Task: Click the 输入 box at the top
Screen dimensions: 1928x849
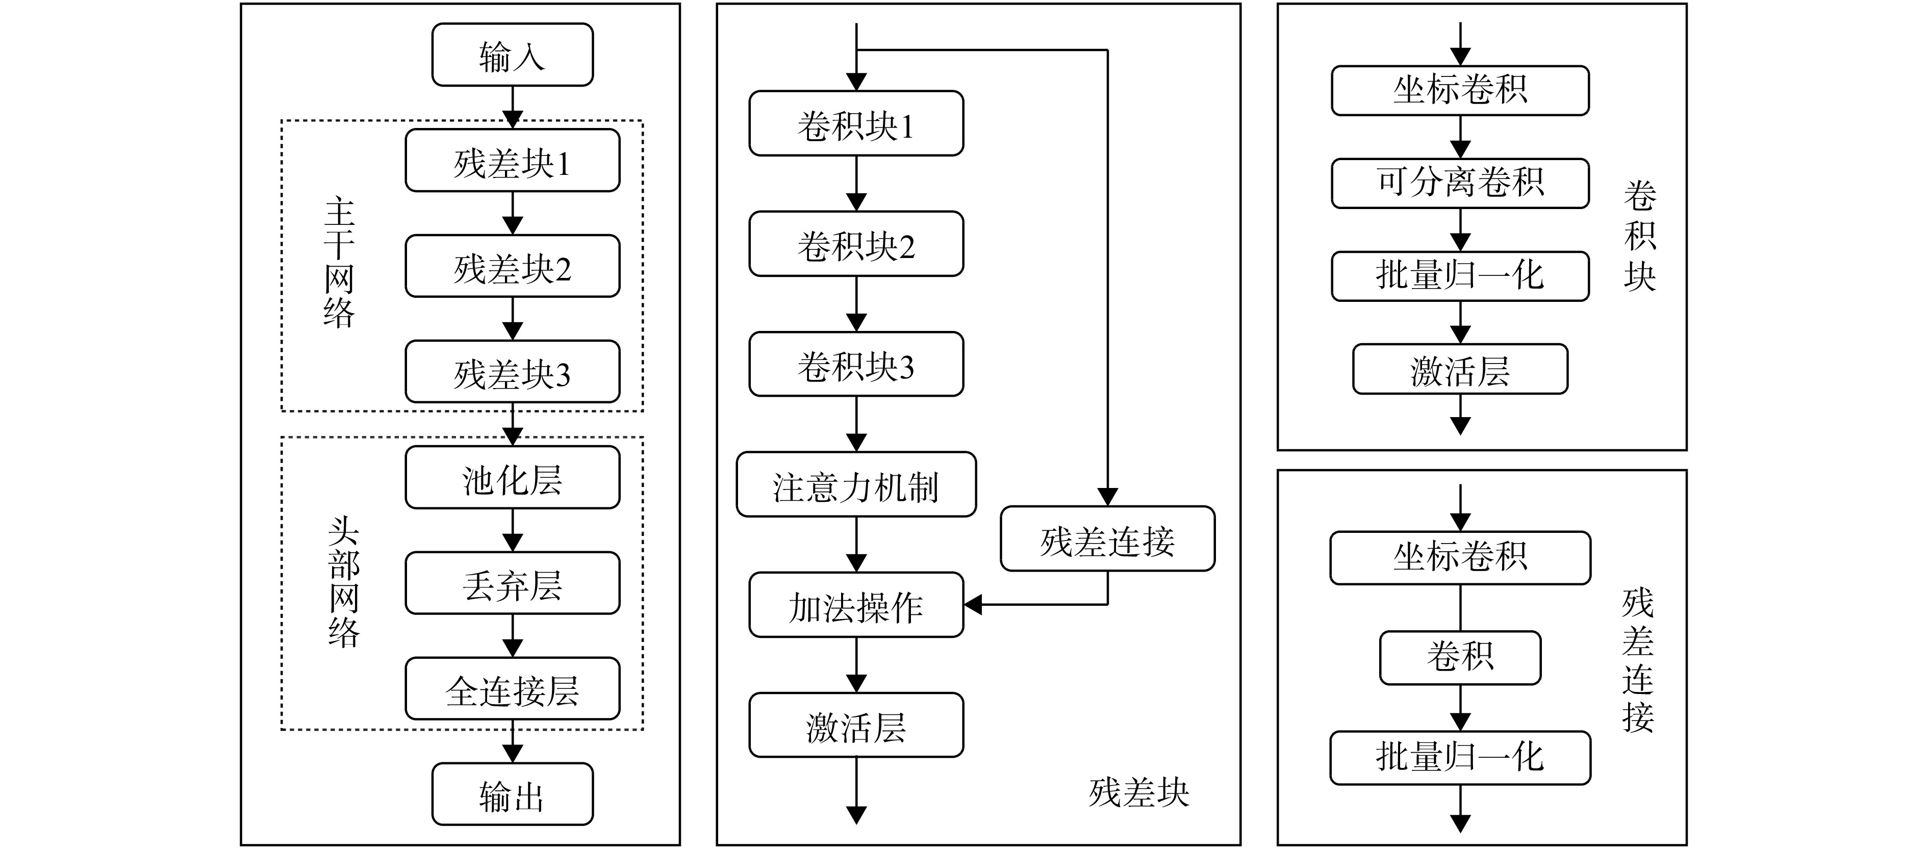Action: click(513, 55)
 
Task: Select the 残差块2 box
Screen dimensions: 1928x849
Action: click(513, 266)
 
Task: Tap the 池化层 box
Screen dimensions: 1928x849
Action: click(513, 477)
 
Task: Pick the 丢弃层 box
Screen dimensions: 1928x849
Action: click(513, 583)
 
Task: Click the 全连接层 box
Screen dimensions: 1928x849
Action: click(513, 689)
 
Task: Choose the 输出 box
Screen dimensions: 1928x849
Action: click(513, 794)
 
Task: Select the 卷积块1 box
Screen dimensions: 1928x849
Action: click(856, 123)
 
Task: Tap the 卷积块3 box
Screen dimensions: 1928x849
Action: click(856, 364)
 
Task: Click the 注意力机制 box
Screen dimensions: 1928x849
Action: click(856, 485)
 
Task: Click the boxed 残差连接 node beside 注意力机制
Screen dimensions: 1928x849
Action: click(1108, 539)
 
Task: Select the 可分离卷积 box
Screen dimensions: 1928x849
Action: click(1460, 183)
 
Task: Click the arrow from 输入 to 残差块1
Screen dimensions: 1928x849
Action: click(513, 108)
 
